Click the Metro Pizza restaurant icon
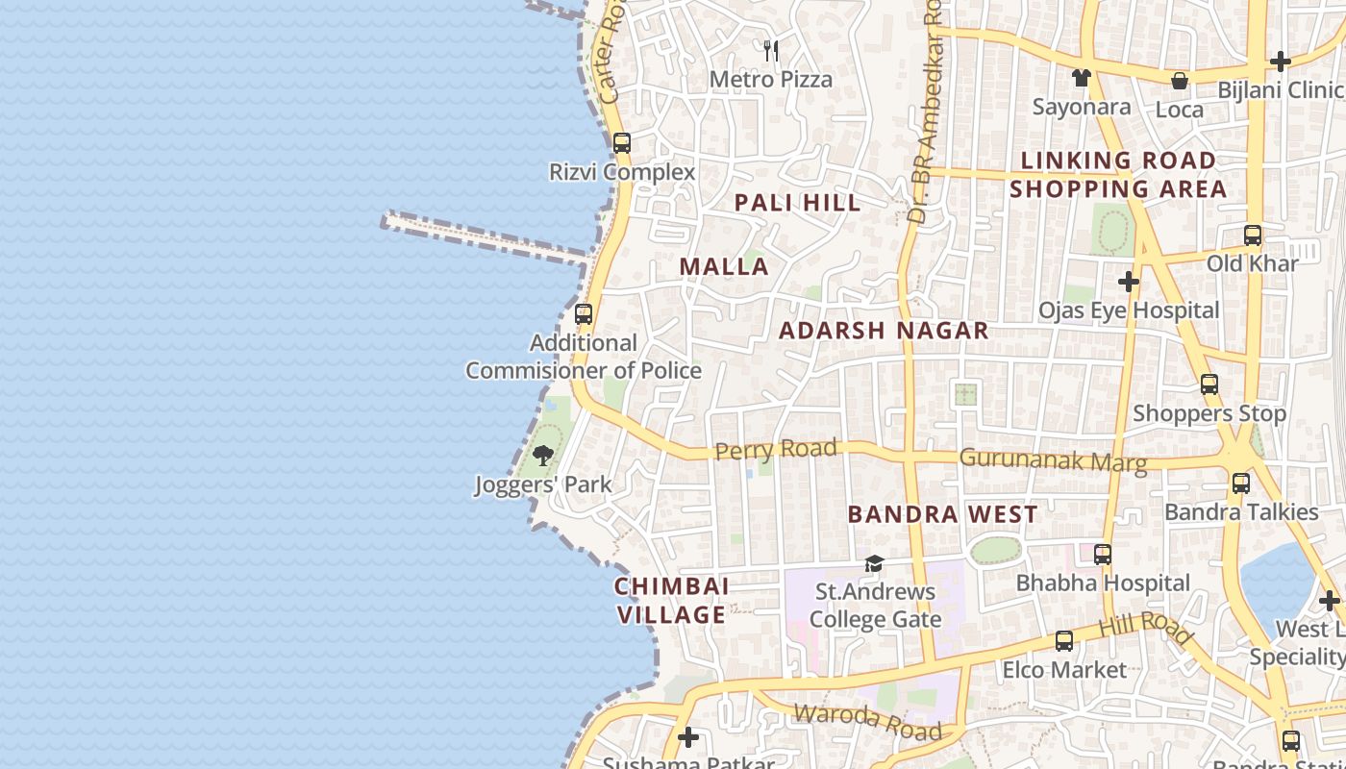770,50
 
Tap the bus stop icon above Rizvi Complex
622,143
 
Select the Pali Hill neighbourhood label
797,203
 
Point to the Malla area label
724,266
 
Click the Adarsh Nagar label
884,331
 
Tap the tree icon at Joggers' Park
543,456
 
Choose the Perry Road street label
776,450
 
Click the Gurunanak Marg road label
1054,460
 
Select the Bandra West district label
942,514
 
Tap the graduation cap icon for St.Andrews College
874,563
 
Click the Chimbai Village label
671,600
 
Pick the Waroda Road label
868,720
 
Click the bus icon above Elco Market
1064,641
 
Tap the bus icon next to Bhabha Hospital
1103,555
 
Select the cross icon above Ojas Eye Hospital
1129,282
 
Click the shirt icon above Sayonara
1082,78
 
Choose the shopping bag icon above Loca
1180,81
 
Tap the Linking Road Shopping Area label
1118,175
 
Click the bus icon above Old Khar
1253,236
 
